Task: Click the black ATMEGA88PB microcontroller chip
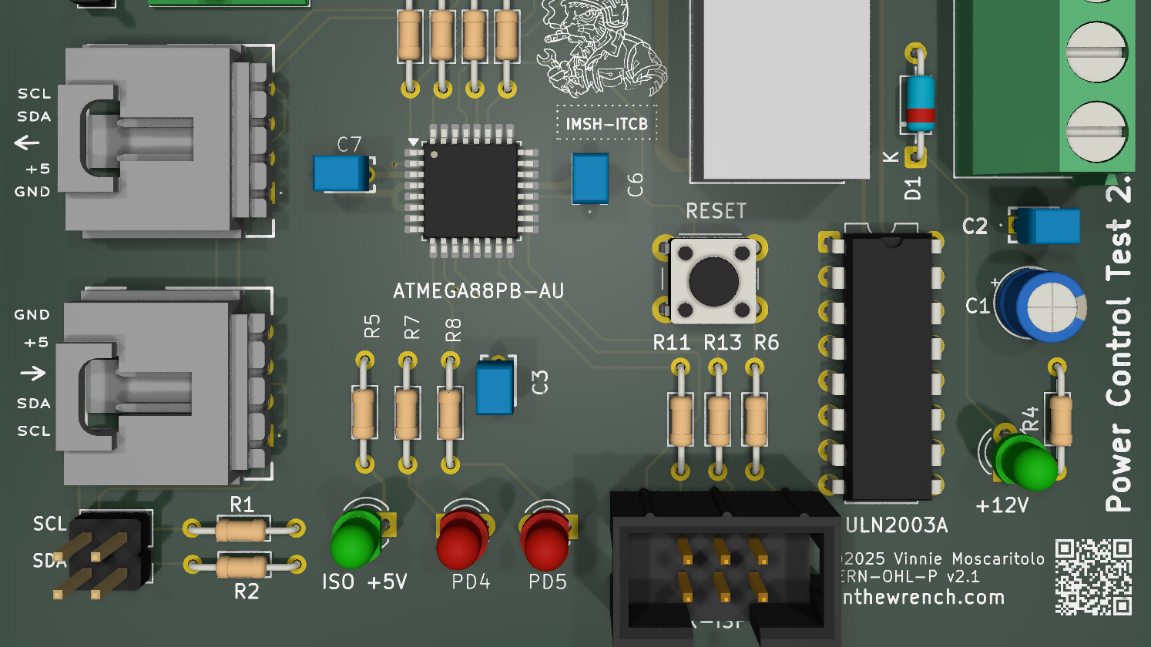coord(470,189)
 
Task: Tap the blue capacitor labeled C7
coord(341,173)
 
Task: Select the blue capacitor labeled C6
coord(590,179)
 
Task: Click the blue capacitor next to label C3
coord(495,388)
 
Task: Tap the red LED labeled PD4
coord(461,540)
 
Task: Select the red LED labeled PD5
coord(545,540)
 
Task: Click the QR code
coord(1092,577)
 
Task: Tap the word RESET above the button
coord(716,212)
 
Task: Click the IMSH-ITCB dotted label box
coord(606,123)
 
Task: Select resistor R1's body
coord(241,529)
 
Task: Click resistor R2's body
coord(241,567)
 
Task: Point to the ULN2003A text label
coord(896,526)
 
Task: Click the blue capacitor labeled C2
coord(1046,226)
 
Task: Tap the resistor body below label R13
coord(718,421)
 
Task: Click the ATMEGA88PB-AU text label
coord(478,291)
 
